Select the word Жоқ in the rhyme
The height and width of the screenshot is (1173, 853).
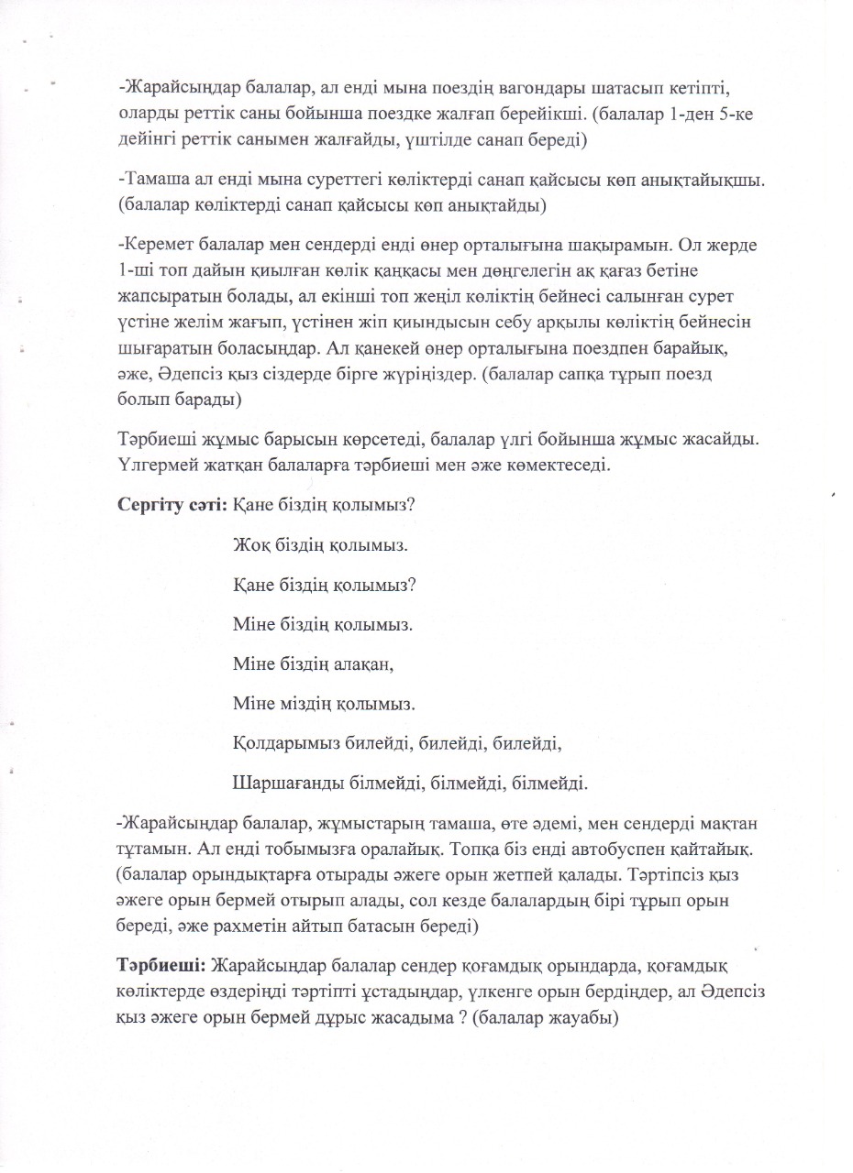[x=250, y=544]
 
